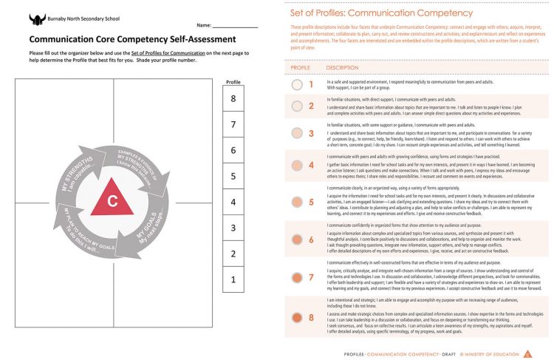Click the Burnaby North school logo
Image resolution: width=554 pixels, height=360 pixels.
click(37, 19)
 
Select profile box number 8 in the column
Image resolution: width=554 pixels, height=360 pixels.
click(233, 99)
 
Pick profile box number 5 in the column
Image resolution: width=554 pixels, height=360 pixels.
click(233, 177)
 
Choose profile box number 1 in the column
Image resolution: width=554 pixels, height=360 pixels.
click(233, 279)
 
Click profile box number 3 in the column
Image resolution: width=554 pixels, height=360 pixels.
click(233, 228)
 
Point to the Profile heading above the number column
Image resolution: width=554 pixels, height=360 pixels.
click(233, 82)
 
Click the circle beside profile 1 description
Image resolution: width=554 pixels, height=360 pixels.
click(297, 84)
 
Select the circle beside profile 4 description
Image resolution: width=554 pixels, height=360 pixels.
click(297, 165)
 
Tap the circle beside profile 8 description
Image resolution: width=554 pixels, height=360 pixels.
click(297, 317)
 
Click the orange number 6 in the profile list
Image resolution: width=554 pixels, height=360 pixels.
click(311, 240)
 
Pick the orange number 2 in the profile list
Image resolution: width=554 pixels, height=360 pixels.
click(311, 106)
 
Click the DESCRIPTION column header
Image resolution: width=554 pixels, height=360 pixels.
click(342, 67)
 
